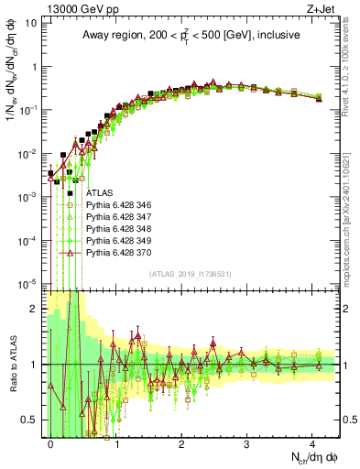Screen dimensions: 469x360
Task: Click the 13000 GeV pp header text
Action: click(74, 9)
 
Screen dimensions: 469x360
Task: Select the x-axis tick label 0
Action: click(51, 442)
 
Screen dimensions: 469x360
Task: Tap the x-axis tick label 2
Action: click(181, 442)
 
